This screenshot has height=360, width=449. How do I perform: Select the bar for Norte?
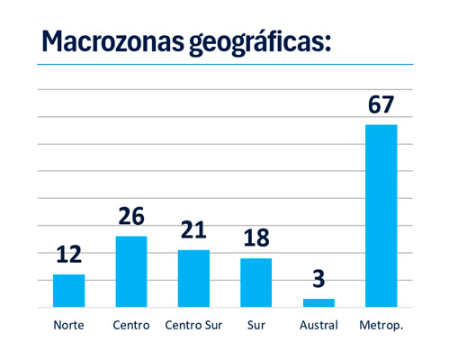point(68,291)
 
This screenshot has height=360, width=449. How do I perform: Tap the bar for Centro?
point(130,272)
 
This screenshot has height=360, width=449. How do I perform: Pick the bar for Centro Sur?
point(193,278)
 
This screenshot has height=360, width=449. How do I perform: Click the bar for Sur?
point(256,283)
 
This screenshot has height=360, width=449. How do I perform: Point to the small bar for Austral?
point(319,302)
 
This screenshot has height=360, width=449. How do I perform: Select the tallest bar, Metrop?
point(381,216)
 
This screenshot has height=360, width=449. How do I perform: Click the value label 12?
point(68,255)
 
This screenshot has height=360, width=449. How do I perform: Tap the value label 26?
point(130,217)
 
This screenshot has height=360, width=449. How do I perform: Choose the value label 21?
point(193,230)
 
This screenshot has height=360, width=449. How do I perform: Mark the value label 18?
point(256,238)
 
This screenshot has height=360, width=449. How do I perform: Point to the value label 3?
point(319,279)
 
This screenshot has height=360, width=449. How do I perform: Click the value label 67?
point(381,104)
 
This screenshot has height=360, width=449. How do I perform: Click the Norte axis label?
point(68,325)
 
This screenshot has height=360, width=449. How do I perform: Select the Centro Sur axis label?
point(193,325)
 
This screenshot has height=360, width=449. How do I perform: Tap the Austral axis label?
point(319,325)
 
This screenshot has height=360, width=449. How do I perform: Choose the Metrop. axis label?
point(381,325)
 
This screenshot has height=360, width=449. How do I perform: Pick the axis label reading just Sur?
point(256,325)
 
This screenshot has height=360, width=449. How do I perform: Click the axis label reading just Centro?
point(130,325)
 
